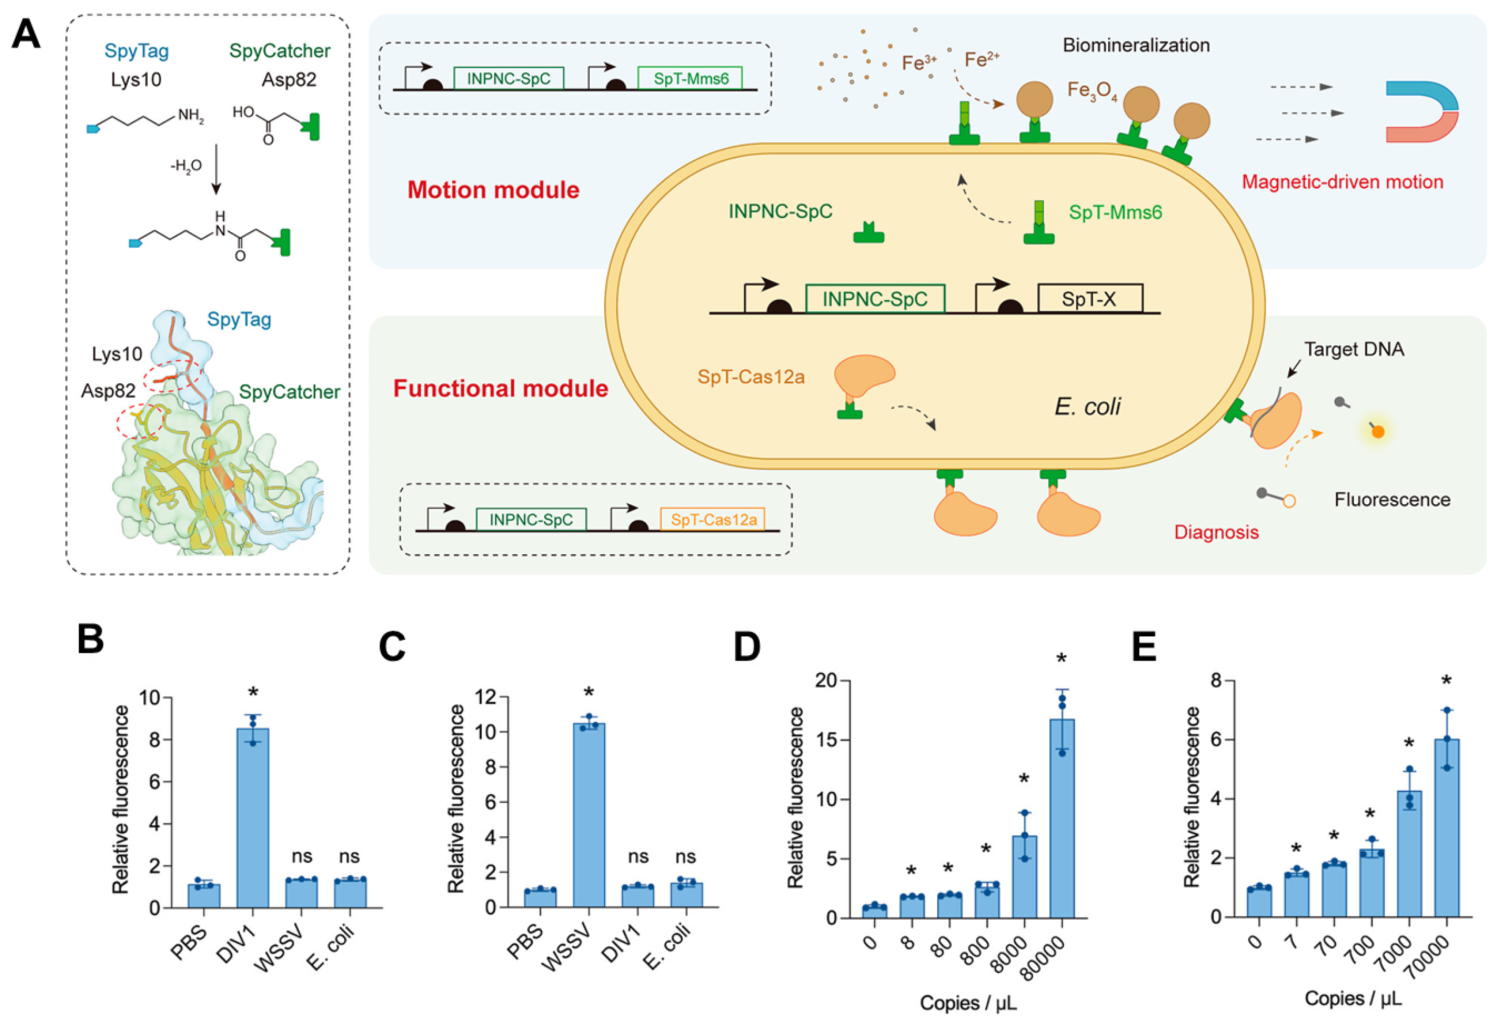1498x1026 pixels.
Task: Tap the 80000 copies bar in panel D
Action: coord(1062,818)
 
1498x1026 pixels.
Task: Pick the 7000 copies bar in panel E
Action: coord(1409,853)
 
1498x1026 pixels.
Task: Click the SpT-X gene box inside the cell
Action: coord(1089,299)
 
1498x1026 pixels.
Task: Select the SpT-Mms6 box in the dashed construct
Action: coord(690,78)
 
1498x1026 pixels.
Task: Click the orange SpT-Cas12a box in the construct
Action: coord(713,519)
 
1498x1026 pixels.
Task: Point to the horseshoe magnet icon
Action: coord(1422,111)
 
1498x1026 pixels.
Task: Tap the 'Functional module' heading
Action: coord(500,389)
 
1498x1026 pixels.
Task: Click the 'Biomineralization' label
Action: coord(1136,45)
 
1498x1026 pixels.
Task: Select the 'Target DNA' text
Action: coord(1354,349)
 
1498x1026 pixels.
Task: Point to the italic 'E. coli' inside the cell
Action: coord(1087,406)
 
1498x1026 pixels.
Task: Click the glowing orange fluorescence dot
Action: coord(1377,432)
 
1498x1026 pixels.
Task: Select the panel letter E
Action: coord(1144,647)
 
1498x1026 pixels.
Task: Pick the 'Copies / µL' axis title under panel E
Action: coord(1352,998)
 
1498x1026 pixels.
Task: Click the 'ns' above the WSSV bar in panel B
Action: coord(302,857)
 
